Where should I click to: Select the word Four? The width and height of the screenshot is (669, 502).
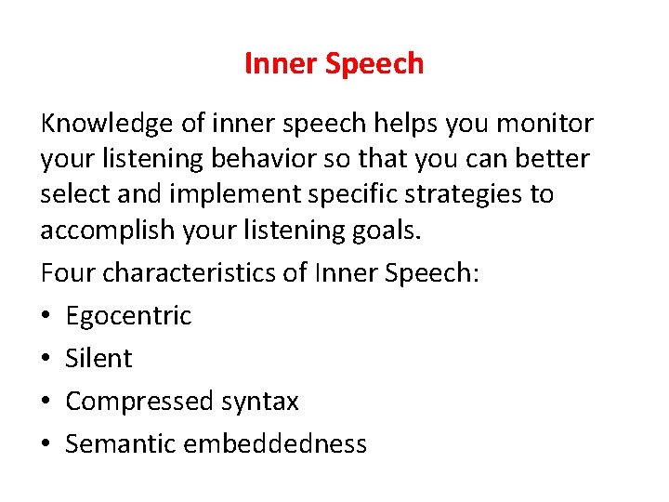point(68,274)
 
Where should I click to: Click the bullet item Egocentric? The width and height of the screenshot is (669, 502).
point(128,316)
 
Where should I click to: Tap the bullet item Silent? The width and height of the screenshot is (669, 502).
point(98,358)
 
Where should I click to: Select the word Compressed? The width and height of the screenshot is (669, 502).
point(139,402)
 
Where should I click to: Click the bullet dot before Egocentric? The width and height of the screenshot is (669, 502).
point(46,316)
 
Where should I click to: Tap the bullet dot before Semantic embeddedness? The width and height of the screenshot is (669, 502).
point(46,444)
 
